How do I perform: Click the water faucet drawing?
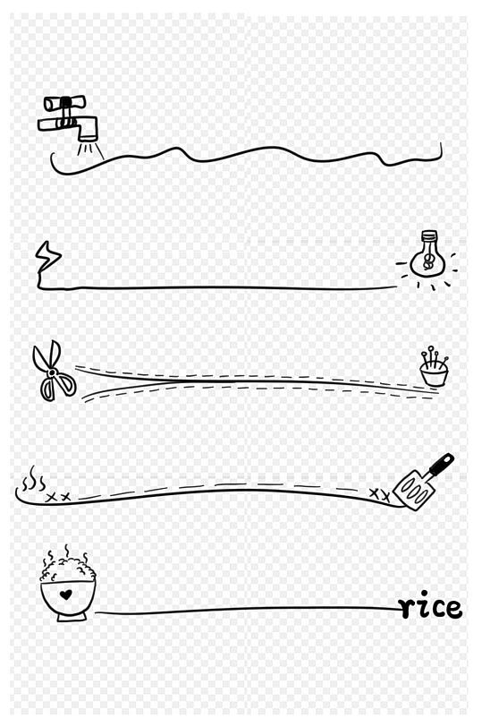[x=70, y=118]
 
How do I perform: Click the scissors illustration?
[x=53, y=371]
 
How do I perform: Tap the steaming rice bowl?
[x=68, y=584]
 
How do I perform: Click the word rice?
[x=431, y=606]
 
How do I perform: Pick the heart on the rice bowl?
[x=66, y=594]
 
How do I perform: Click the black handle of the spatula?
[x=441, y=464]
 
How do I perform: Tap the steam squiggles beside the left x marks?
[x=32, y=480]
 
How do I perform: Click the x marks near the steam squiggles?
[x=58, y=498]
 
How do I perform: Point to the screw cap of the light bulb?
[x=428, y=237]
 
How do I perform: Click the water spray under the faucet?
[x=90, y=150]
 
